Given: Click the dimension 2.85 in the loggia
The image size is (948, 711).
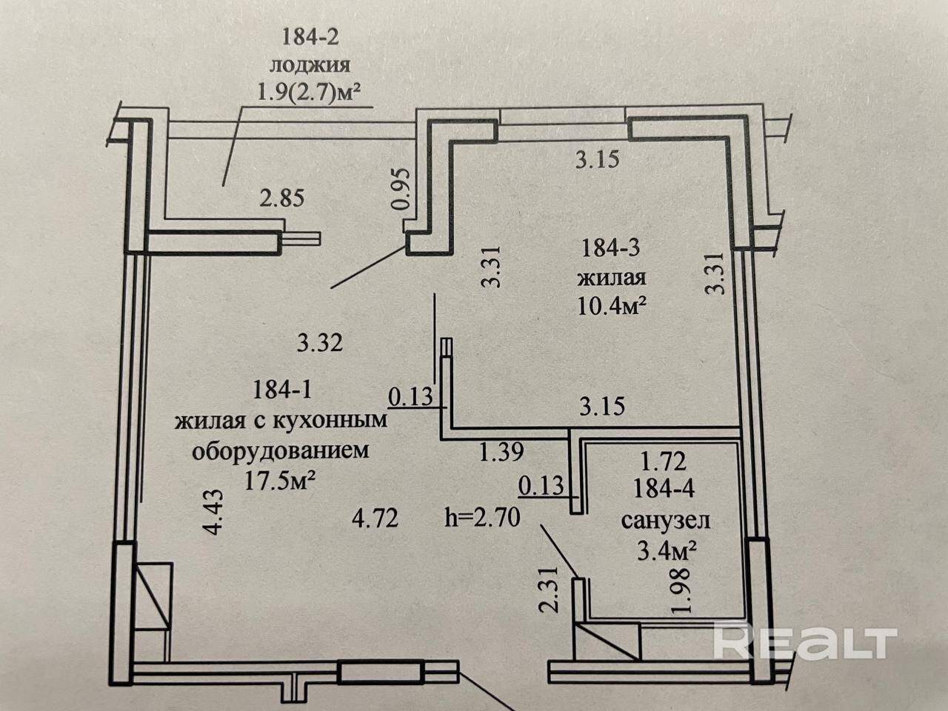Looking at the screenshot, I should [x=281, y=198].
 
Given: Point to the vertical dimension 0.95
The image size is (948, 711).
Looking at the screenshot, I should [x=399, y=189].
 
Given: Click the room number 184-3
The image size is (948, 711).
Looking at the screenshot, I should [x=611, y=248].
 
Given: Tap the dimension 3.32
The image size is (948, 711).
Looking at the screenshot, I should [x=319, y=343].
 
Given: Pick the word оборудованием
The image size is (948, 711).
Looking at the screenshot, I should [x=280, y=451].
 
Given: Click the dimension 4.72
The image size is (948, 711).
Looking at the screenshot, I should [x=376, y=517].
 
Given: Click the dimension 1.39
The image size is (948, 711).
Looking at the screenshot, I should [x=502, y=451].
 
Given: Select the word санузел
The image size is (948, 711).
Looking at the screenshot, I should [x=665, y=520].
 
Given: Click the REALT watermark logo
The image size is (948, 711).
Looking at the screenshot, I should [x=804, y=641].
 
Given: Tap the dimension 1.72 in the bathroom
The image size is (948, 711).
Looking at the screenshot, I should [x=664, y=461].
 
